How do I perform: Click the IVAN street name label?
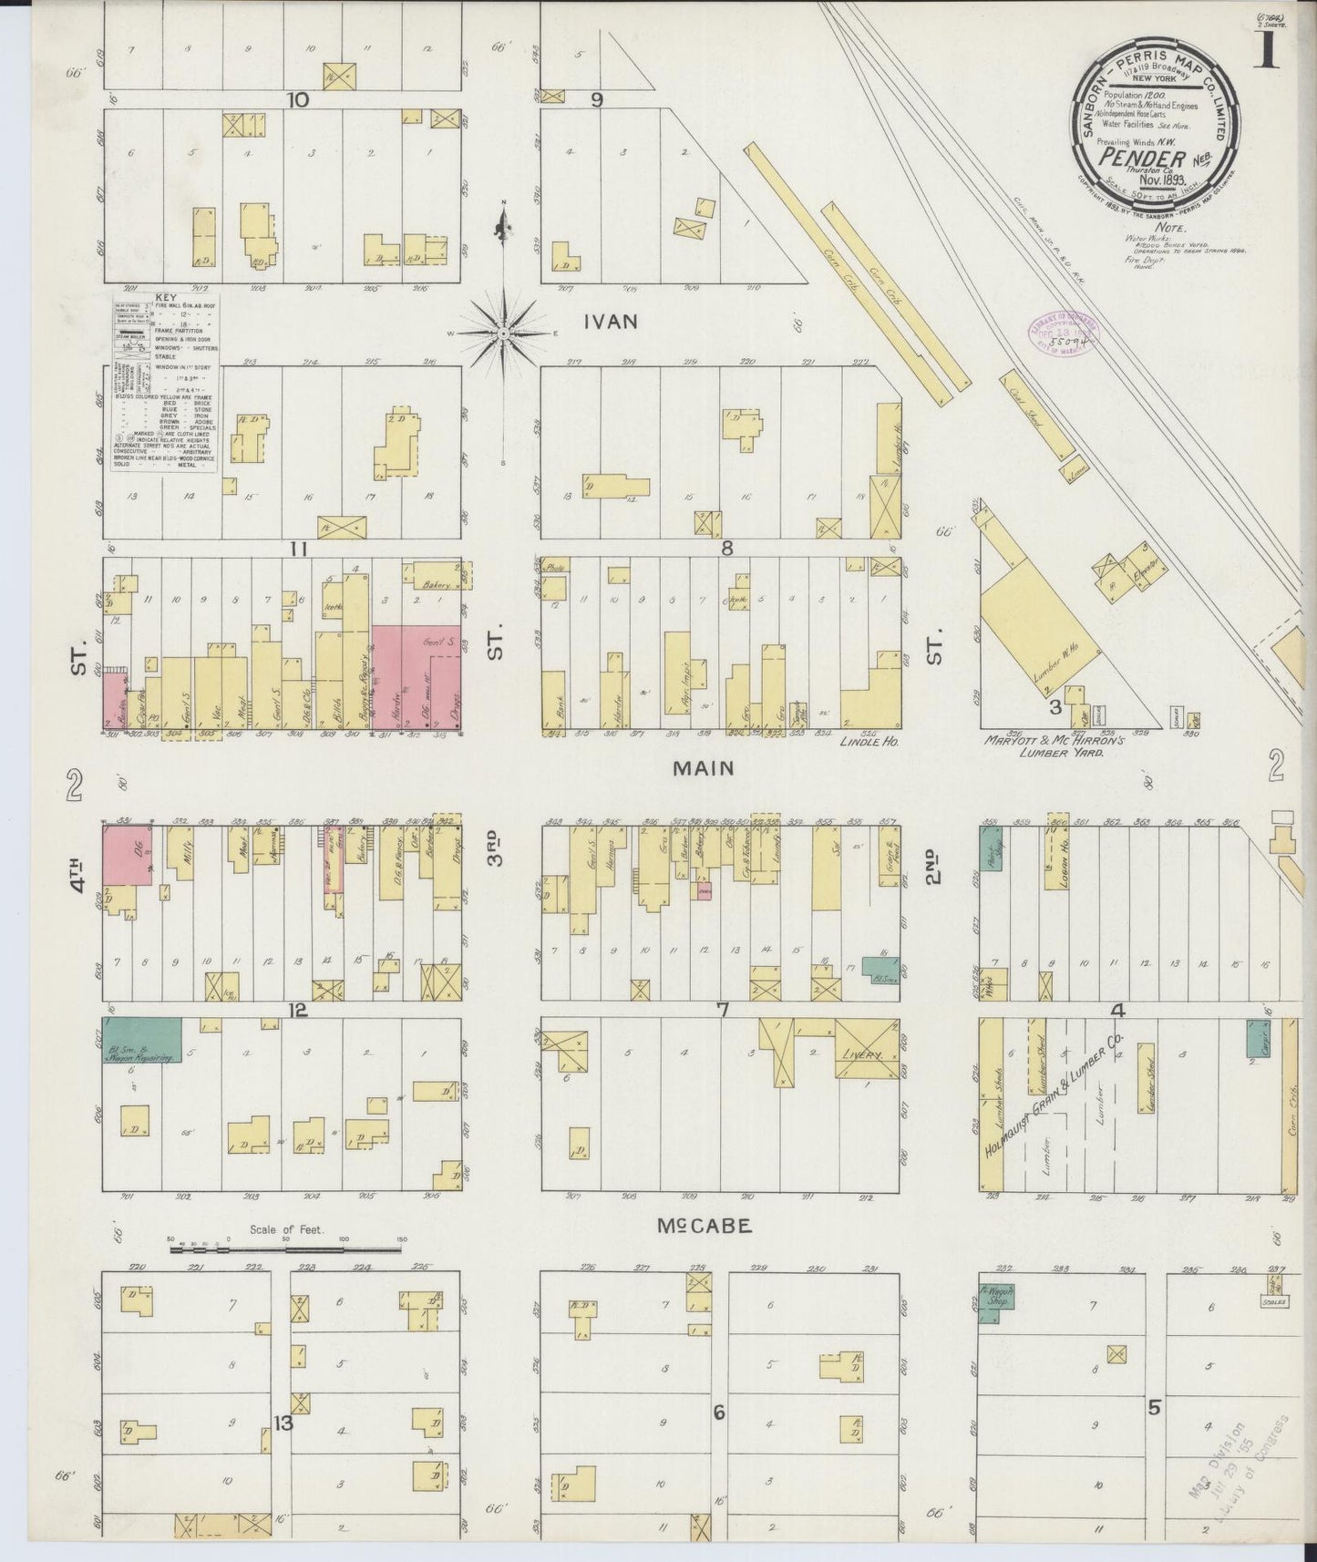tap(611, 322)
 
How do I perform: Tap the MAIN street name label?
tap(702, 768)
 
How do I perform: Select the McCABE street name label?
tap(705, 1227)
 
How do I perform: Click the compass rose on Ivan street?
tap(503, 334)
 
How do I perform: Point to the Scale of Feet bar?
tap(287, 1250)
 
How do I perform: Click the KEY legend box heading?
tap(166, 298)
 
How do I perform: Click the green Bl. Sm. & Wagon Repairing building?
tap(141, 1040)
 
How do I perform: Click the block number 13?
tap(284, 1423)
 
